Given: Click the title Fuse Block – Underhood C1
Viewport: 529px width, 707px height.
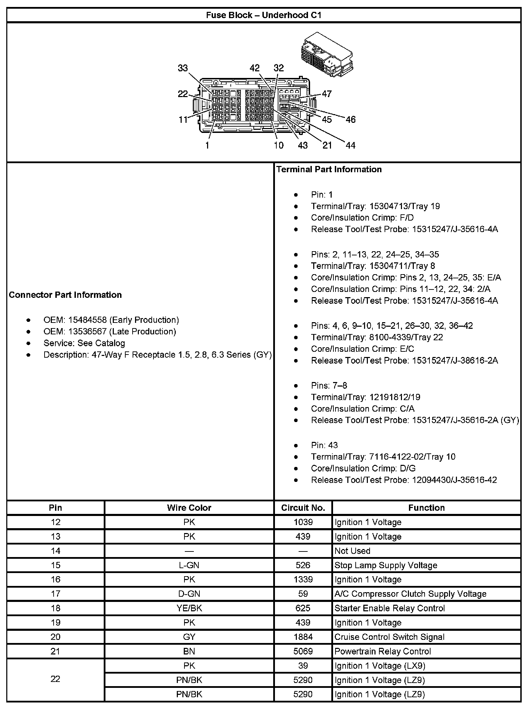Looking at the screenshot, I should coord(264,15).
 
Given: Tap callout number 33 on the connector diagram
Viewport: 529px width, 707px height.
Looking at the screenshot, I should coord(183,68).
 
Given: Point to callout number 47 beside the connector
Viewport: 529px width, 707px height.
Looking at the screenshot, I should coord(326,94).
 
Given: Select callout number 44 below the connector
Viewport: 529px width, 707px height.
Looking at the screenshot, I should coord(350,145).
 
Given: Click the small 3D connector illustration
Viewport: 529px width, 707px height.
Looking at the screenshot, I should coord(326,55).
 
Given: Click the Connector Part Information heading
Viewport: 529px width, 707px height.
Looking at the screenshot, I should coord(65,295).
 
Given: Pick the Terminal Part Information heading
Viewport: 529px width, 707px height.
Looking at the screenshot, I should coord(329,169).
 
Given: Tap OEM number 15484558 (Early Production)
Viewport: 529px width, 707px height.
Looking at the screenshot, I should coord(111,320).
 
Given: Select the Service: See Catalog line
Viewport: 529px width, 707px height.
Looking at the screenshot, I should coord(84,343).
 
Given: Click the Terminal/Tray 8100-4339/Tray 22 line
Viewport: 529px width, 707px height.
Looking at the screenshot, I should coord(377,337).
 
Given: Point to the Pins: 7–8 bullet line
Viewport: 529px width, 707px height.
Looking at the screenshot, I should coord(329,386).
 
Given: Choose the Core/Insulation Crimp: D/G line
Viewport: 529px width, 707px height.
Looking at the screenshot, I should coord(363,468).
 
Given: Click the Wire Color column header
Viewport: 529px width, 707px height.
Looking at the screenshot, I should coord(189,508).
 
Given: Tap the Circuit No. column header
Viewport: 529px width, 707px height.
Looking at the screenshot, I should coord(303,508).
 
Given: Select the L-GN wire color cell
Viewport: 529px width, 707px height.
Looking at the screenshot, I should coord(189,565).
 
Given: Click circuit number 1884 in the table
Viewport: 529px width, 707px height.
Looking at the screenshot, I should coord(303,637).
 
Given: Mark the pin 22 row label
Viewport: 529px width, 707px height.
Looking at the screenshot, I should coord(55,679).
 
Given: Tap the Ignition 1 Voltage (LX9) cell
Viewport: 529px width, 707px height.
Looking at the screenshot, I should coord(380,666).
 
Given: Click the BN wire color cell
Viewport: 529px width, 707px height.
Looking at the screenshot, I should coord(189,651).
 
